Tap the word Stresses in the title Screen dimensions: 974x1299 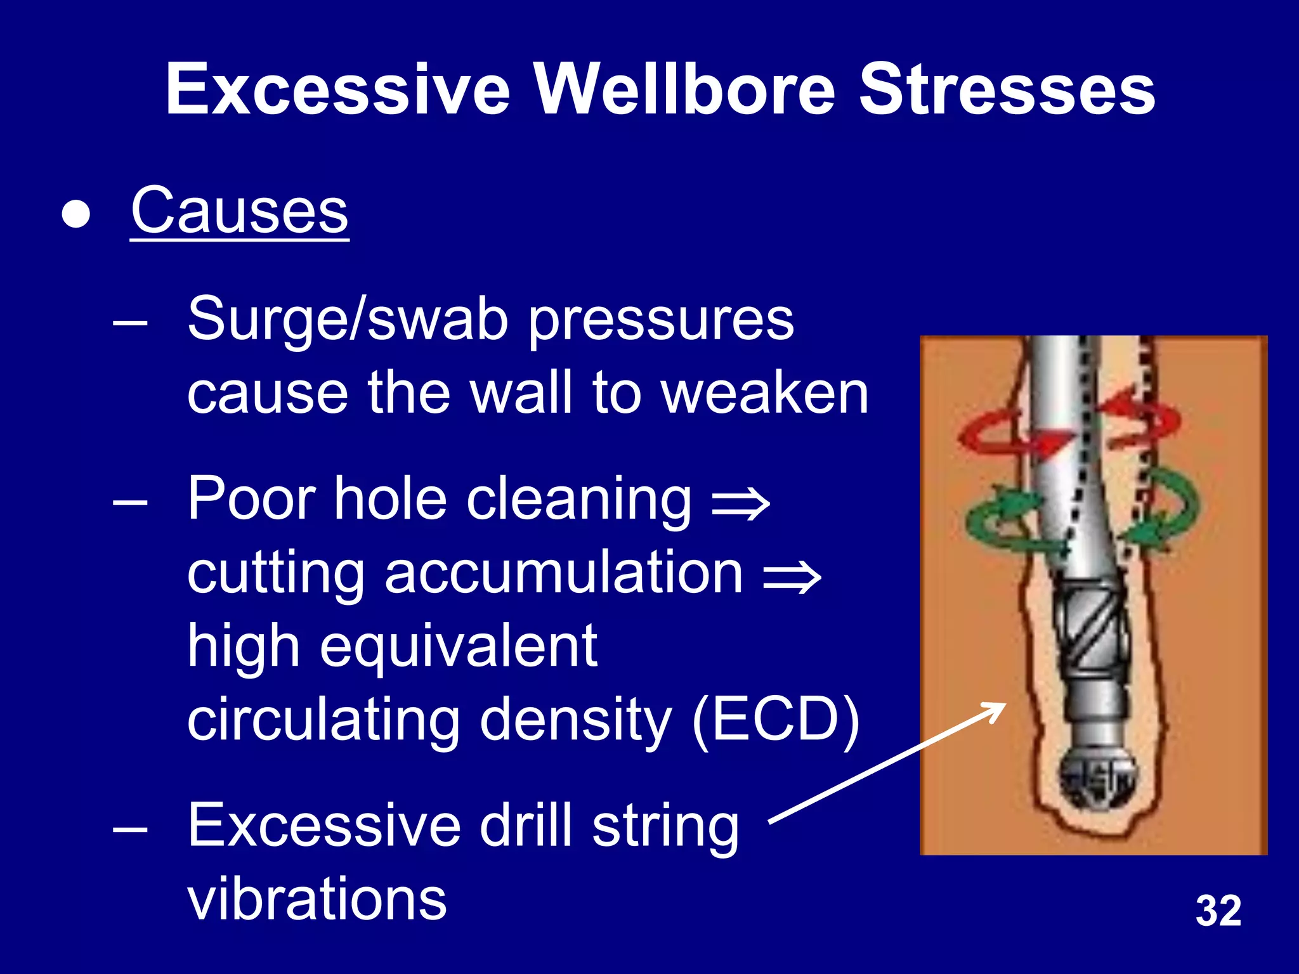1007,90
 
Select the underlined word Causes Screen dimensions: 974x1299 240,211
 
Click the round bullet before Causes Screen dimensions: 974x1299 76,214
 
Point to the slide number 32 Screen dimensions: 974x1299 1218,911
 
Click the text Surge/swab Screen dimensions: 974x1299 347,320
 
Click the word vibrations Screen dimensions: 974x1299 317,899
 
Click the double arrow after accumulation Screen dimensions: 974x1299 792,577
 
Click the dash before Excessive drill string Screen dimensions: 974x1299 130,828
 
